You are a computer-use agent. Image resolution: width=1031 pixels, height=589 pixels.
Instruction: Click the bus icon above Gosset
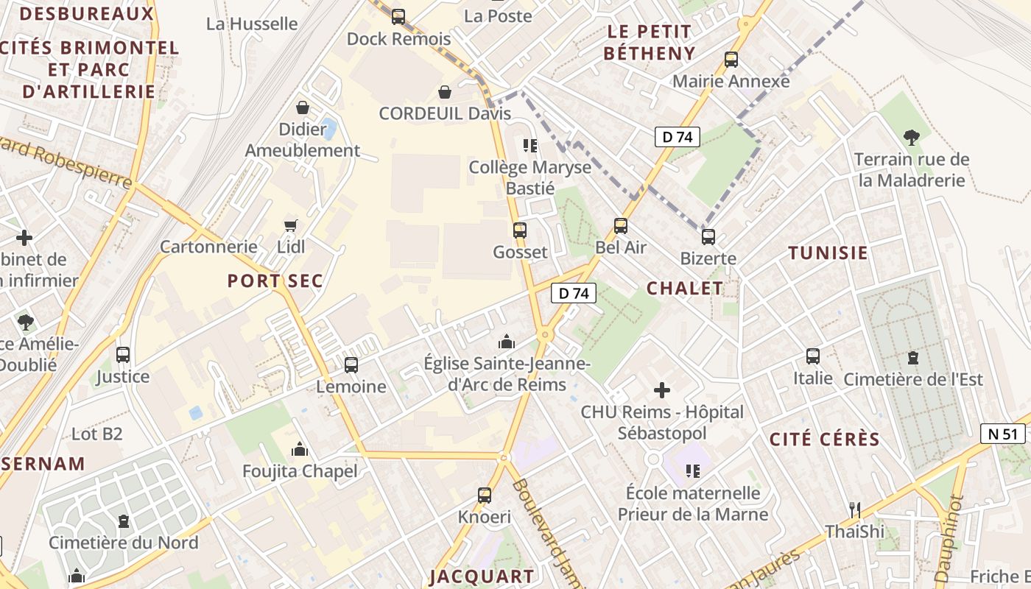(520, 230)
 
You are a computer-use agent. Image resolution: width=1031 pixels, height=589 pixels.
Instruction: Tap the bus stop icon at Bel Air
(621, 225)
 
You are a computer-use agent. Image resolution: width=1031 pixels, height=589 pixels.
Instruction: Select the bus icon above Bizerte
(708, 236)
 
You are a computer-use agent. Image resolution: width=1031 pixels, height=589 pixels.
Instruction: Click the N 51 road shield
(1004, 434)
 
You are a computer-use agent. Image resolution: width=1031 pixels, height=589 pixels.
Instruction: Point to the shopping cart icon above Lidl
(291, 225)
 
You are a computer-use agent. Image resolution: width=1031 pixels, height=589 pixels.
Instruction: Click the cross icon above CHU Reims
(662, 390)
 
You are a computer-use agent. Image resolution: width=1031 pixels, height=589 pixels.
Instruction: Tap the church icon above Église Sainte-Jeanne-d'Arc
(506, 342)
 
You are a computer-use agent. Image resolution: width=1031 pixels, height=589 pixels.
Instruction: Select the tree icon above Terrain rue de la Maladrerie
(912, 137)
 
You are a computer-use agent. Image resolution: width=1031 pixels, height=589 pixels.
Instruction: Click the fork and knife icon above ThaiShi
(854, 509)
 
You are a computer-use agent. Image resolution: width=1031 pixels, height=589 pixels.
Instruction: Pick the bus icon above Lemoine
(351, 364)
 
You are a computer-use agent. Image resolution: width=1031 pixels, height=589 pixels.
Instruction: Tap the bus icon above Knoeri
(484, 495)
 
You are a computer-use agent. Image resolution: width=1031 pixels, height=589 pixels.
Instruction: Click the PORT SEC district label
(275, 281)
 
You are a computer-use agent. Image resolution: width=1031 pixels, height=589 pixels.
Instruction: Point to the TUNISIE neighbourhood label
(828, 253)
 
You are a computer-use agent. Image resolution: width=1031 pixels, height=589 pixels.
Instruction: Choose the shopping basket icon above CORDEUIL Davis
(445, 92)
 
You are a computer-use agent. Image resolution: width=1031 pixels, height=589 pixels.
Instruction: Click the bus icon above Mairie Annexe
(731, 60)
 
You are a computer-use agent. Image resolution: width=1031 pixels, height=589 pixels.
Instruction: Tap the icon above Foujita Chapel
(300, 449)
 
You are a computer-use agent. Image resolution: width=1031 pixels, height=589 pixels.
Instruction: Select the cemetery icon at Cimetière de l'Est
(913, 358)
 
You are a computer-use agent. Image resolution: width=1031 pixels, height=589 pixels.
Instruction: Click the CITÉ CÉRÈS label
(825, 440)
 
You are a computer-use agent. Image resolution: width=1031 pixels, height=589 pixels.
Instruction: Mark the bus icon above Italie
(813, 356)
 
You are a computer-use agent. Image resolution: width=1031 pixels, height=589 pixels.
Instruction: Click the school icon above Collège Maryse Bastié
(529, 145)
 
